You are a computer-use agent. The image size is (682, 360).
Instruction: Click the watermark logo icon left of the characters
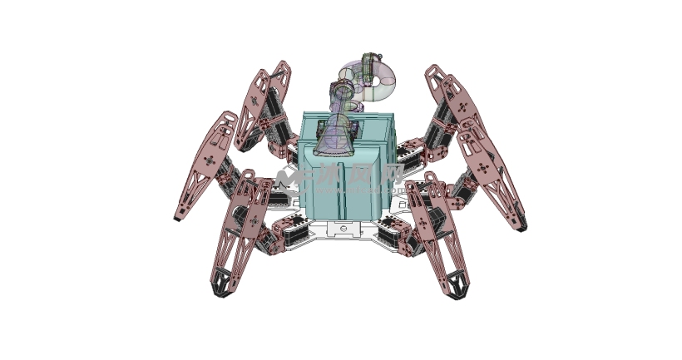(287, 178)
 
